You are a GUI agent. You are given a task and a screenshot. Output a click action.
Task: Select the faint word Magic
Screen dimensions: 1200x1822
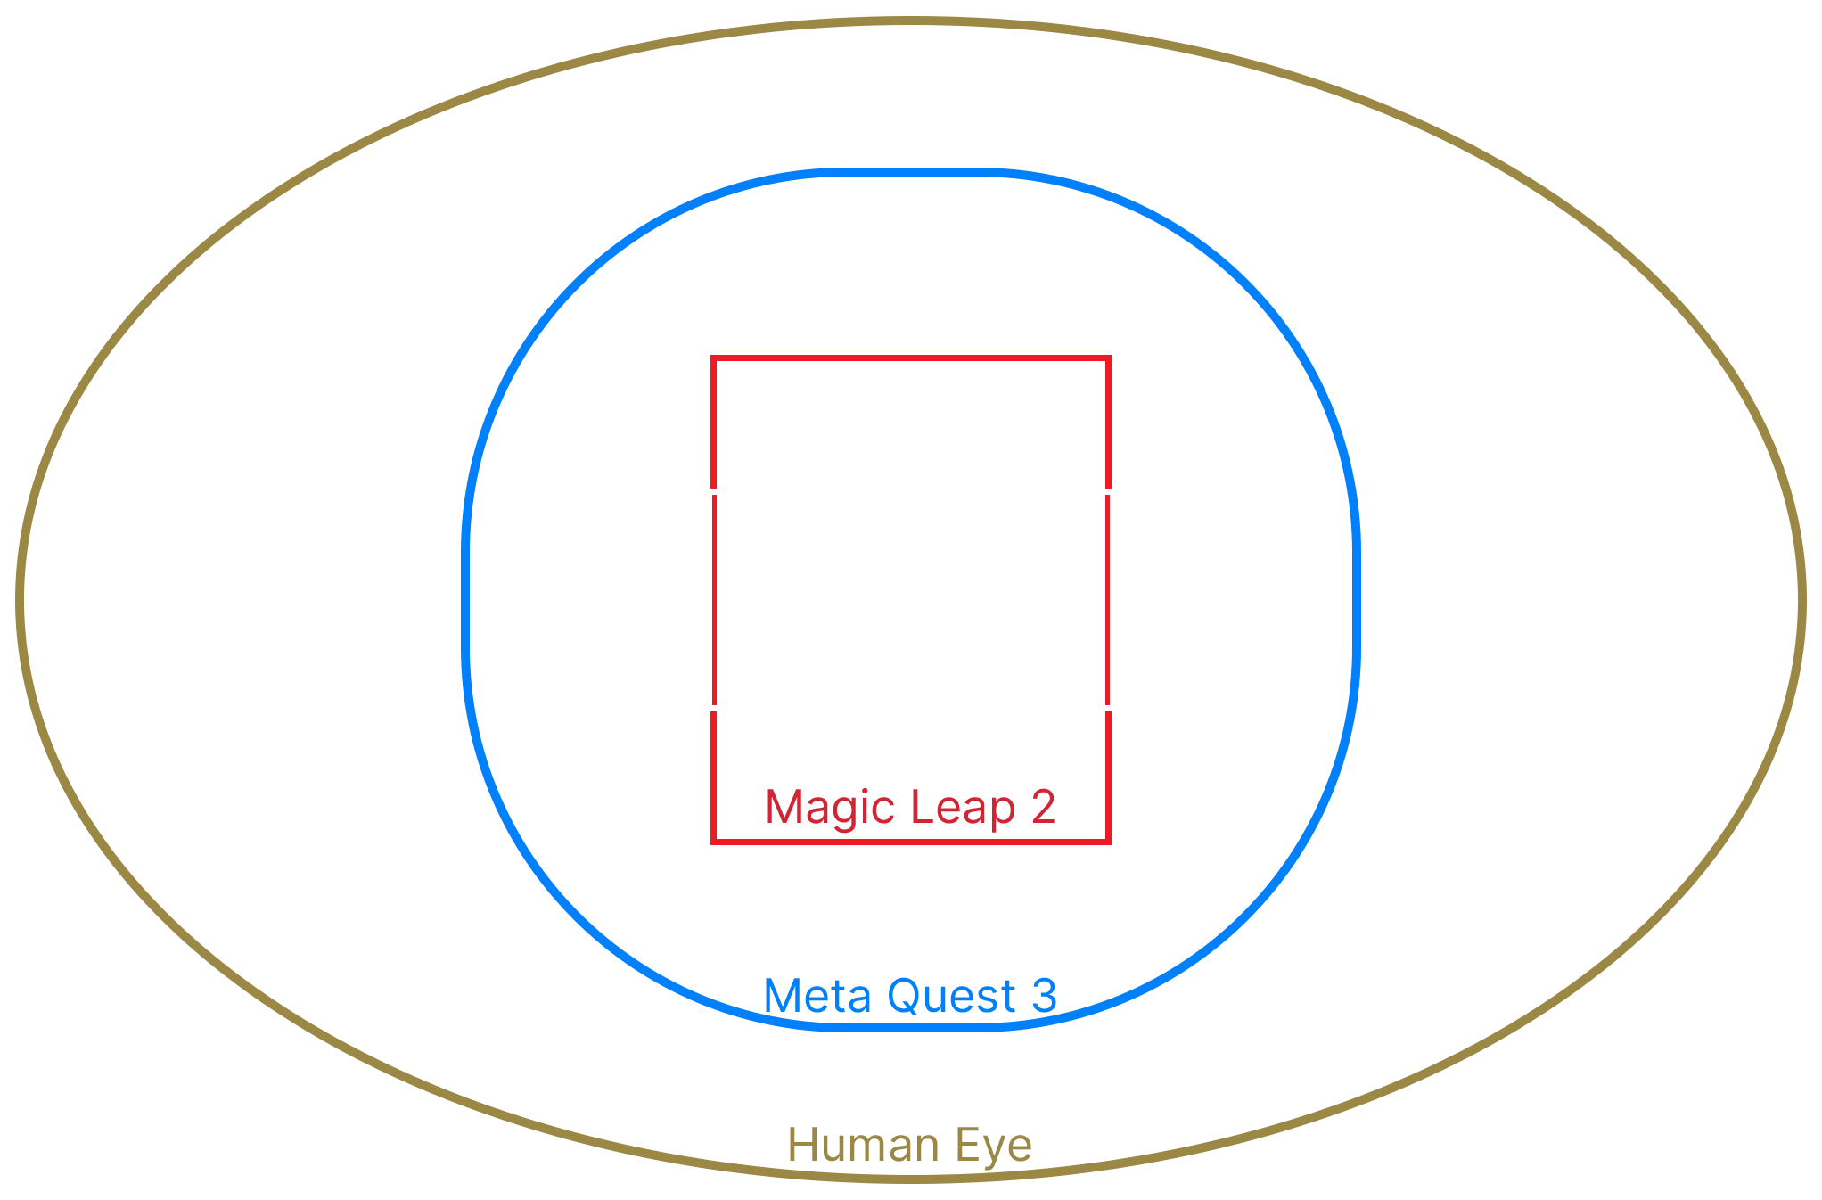pyautogui.click(x=829, y=808)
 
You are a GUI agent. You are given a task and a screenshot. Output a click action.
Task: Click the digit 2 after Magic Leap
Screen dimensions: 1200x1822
pyautogui.click(x=1045, y=807)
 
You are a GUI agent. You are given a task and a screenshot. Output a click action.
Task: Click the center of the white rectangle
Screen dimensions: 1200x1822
pyautogui.click(x=910, y=599)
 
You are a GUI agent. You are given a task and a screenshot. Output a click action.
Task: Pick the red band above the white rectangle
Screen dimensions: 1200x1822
pyautogui.click(x=910, y=420)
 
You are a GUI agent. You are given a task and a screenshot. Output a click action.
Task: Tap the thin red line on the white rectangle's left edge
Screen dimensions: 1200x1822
pyautogui.click(x=715, y=599)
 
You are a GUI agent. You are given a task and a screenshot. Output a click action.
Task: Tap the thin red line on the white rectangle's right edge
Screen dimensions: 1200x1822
pyautogui.click(x=1107, y=599)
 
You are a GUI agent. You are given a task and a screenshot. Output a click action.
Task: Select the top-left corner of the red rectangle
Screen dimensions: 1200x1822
pyautogui.click(x=710, y=357)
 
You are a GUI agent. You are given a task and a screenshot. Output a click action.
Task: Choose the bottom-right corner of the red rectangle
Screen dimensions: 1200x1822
pyautogui.click(x=1111, y=844)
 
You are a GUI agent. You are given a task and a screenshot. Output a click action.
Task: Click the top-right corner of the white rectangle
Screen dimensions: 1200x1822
pyautogui.click(x=1114, y=489)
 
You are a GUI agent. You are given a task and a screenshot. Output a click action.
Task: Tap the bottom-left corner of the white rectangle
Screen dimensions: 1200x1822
pyautogui.click(x=707, y=710)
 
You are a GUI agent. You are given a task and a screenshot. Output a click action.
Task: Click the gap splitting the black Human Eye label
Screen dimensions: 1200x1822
pyautogui.click(x=906, y=1147)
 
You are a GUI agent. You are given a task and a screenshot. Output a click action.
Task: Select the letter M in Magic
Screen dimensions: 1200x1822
pyautogui.click(x=782, y=808)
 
